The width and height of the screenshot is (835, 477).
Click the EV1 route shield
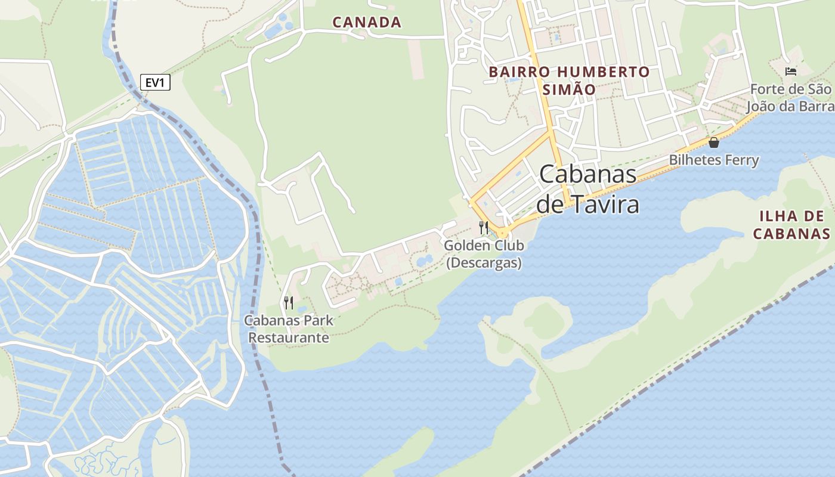155,82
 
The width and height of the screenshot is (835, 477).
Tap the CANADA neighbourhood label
367,23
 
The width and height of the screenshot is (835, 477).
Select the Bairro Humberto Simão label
569,80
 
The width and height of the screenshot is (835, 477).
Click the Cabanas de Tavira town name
587,188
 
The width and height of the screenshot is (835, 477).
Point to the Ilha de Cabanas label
791,224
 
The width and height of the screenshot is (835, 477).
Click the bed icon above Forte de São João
791,72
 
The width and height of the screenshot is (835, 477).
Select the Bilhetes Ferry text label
713,160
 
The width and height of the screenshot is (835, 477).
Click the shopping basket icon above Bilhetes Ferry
713,143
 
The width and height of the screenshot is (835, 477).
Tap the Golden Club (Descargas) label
484,254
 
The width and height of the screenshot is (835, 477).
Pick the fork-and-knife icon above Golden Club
484,227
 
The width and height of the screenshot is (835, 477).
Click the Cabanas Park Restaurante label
289,329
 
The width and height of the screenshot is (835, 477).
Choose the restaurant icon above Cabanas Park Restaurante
289,303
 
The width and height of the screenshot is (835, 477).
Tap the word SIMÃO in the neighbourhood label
569,89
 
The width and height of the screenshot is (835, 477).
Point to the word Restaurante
289,337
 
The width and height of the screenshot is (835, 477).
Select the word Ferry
742,160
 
